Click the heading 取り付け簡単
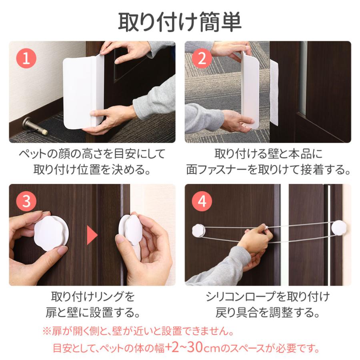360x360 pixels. [180, 22]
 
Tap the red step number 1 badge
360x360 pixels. [26, 58]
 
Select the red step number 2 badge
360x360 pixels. [202, 58]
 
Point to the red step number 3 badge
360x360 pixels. [26, 201]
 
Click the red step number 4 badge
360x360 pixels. [202, 201]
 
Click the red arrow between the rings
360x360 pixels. [92, 235]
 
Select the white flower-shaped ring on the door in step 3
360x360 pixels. [51, 232]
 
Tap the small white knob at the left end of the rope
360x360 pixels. [198, 230]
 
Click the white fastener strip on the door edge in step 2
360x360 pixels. [274, 93]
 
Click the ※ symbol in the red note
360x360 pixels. [47, 331]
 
